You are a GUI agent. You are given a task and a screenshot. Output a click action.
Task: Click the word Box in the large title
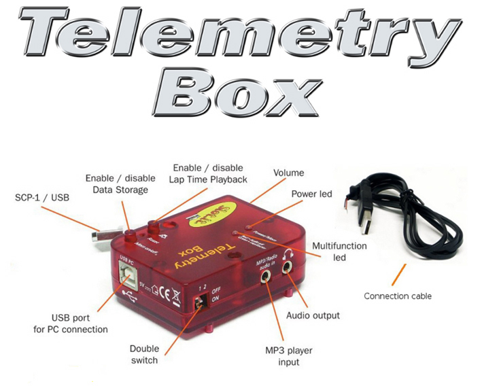click(240, 92)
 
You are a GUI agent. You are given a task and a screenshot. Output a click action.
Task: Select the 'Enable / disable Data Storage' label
click(116, 184)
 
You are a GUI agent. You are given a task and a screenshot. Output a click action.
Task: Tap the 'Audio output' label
click(313, 315)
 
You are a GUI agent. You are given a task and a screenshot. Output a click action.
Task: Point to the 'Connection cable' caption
click(398, 296)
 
